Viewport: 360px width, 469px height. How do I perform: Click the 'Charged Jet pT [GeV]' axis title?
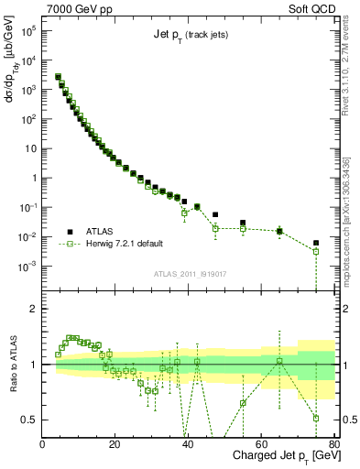281,456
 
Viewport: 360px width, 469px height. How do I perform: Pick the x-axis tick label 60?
261,444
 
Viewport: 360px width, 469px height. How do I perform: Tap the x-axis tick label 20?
115,444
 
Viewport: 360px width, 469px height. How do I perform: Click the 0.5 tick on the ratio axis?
29,420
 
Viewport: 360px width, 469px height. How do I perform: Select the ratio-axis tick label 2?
33,309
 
